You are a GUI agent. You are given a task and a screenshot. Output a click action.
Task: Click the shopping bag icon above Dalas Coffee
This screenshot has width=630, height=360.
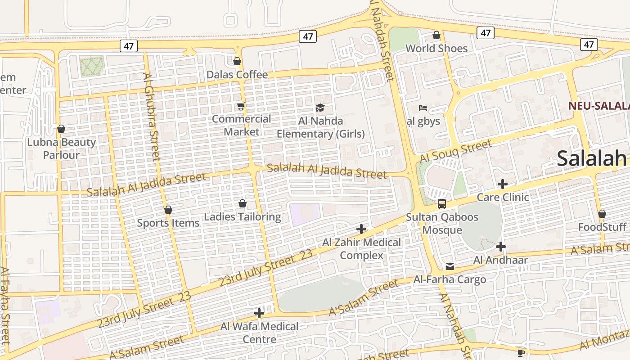click(237, 61)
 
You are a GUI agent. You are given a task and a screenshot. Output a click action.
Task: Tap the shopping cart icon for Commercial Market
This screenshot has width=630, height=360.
click(241, 106)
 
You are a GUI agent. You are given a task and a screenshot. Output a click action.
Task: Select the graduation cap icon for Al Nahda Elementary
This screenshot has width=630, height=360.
click(320, 108)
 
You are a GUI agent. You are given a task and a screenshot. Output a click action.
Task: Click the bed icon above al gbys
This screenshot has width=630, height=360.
click(423, 108)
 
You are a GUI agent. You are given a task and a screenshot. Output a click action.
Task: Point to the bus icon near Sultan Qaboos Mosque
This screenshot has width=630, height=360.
click(442, 204)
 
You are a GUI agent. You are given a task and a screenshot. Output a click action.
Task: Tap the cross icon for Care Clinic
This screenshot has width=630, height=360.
click(503, 184)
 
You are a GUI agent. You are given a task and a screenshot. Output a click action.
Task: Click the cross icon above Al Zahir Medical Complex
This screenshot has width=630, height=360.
click(361, 229)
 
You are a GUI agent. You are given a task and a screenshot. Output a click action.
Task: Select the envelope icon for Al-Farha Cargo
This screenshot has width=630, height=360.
click(450, 266)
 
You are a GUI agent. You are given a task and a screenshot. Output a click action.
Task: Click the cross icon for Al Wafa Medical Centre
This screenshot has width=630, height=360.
click(259, 313)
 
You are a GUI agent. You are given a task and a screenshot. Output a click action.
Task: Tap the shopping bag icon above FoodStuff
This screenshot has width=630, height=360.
click(602, 214)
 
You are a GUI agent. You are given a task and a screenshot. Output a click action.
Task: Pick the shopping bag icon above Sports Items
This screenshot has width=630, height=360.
click(168, 210)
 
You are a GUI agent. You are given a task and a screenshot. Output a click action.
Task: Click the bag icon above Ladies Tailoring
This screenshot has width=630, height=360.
click(242, 204)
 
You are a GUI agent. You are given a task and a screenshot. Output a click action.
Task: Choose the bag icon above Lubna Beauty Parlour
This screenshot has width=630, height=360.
click(61, 129)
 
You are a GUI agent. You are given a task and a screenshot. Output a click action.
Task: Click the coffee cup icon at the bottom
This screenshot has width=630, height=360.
click(521, 352)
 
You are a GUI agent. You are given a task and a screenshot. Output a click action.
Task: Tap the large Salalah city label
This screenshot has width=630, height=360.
click(591, 158)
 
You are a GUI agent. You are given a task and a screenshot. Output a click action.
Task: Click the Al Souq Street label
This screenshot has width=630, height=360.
click(456, 152)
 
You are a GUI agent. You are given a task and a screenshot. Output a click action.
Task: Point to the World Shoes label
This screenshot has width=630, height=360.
click(436, 48)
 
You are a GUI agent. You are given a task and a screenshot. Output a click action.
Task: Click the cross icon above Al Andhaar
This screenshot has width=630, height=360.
click(500, 247)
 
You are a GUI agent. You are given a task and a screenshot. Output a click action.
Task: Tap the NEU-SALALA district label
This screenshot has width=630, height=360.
click(598, 106)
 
